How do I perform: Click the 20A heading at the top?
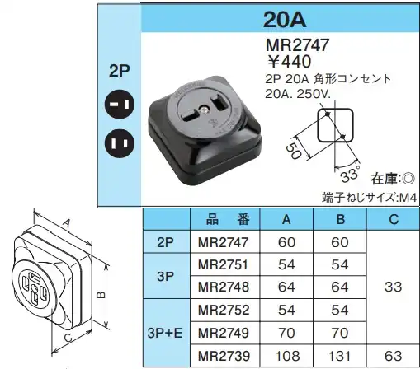point(285,20)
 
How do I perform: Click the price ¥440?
point(289,61)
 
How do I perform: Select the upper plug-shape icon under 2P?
point(120,105)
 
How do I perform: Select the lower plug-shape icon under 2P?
point(120,143)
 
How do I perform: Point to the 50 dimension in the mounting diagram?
point(294,152)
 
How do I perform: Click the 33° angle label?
point(350,175)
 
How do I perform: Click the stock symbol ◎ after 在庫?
point(408,179)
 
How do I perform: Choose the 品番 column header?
point(228,220)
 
